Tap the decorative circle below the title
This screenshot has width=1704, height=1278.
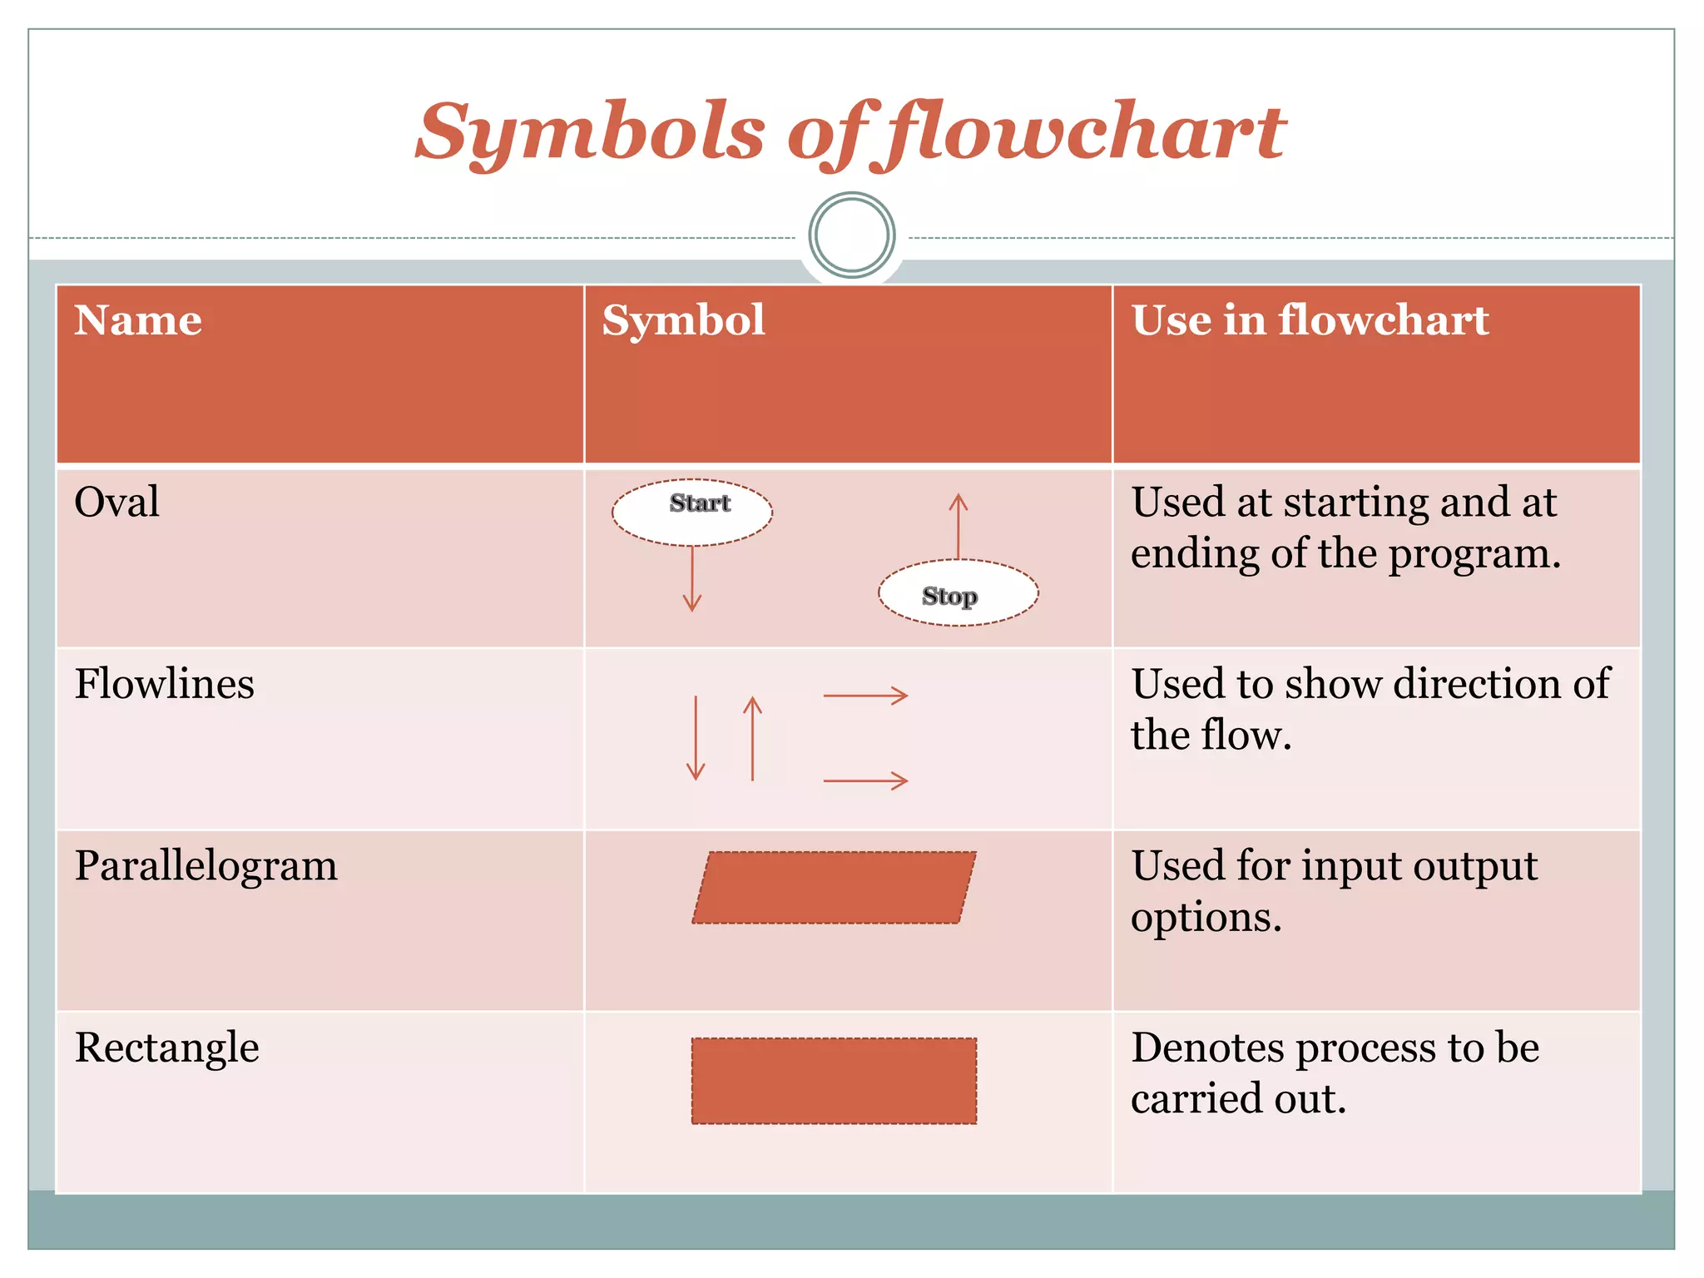851,235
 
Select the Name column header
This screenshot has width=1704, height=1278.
138,320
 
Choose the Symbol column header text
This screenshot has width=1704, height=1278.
683,320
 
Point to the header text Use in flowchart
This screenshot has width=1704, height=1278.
1310,320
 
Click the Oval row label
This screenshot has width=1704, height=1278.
116,502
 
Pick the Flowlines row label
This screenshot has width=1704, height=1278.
164,684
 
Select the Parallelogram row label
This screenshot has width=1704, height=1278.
206,865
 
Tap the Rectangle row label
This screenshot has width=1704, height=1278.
166,1047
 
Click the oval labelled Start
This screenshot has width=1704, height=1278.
692,512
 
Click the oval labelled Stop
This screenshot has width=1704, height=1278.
958,592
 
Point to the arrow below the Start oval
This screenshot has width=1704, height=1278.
692,580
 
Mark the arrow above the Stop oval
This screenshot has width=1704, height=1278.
958,526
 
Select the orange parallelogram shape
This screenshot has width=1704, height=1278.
834,887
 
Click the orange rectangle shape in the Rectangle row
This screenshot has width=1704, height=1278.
834,1081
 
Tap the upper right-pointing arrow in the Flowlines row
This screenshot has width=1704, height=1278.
865,696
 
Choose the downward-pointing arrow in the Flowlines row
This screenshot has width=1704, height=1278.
696,738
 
